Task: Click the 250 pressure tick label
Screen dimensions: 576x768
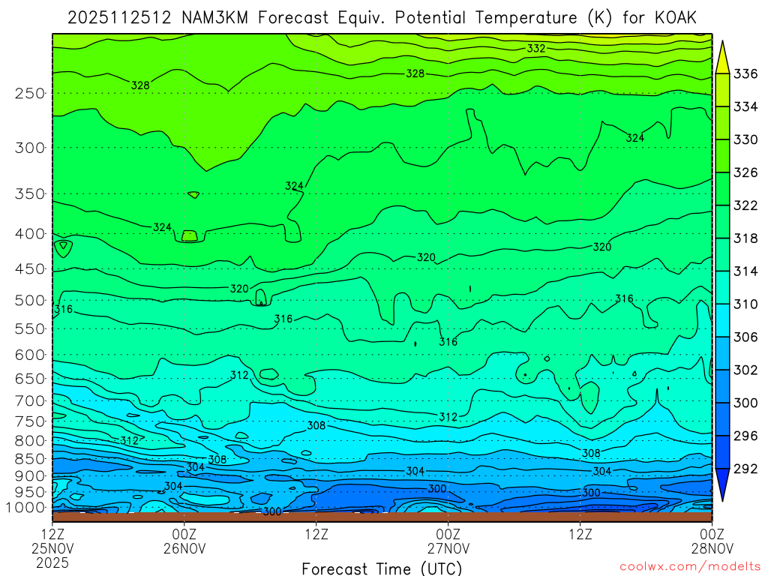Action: coord(30,93)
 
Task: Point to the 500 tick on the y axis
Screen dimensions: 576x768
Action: coord(30,300)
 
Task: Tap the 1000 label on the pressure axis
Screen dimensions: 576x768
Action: coord(26,507)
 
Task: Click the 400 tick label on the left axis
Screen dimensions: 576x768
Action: coord(30,233)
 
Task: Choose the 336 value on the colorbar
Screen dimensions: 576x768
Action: coord(745,73)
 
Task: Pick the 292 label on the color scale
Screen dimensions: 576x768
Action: coord(745,468)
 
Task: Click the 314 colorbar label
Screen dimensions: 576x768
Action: coord(745,271)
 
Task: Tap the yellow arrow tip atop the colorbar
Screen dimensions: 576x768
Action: coord(723,49)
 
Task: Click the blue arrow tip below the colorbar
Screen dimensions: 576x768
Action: coord(723,492)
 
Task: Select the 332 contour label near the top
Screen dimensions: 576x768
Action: coord(536,49)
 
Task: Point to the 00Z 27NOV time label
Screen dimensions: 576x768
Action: coord(448,541)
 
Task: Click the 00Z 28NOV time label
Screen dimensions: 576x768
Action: coord(711,541)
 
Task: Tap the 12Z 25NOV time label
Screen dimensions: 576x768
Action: coord(52,541)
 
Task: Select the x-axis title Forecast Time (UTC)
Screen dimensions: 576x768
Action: coord(382,568)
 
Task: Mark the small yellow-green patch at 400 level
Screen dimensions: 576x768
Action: coord(189,235)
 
